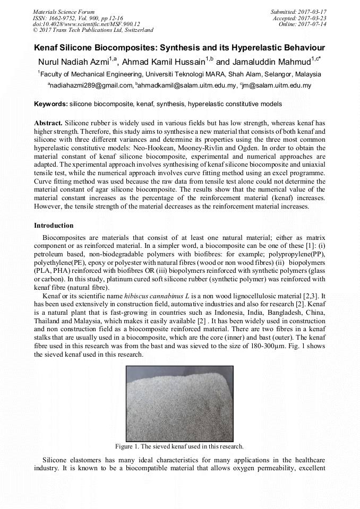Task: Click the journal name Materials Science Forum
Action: [x=64, y=11]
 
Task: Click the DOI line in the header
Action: [x=86, y=24]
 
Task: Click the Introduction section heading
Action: [x=54, y=226]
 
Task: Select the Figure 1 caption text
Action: [x=179, y=446]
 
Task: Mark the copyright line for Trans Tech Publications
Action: [x=93, y=30]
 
